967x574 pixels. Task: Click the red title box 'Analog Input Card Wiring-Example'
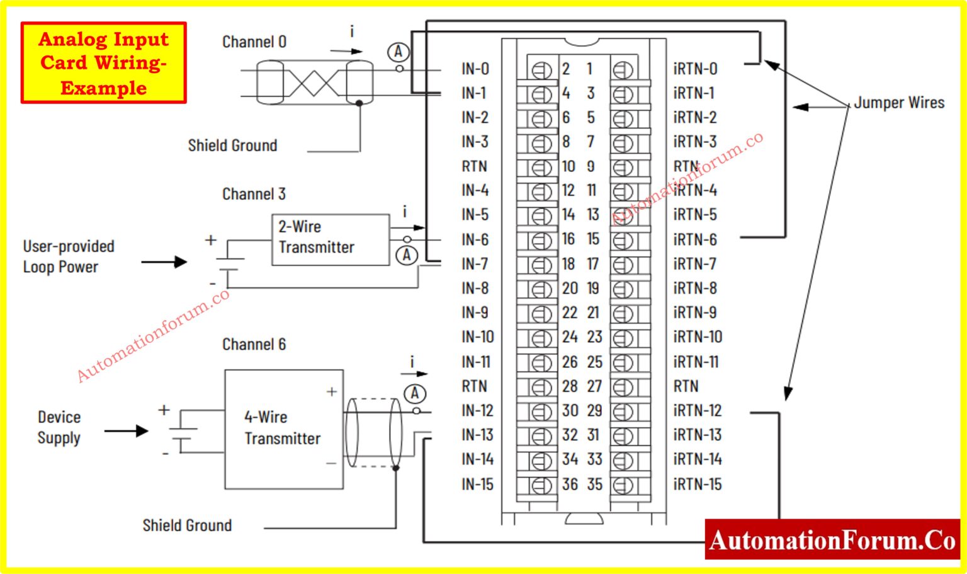point(103,63)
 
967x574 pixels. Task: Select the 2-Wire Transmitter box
point(330,239)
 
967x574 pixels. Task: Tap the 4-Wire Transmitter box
point(283,429)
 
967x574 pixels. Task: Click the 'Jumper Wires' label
point(898,103)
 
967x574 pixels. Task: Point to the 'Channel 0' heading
point(254,42)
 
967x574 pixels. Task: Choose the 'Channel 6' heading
point(254,345)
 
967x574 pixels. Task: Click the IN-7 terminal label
point(475,264)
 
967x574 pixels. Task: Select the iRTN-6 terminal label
point(694,240)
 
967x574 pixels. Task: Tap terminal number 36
point(570,485)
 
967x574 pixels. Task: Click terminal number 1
point(590,69)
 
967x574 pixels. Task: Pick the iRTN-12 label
point(697,411)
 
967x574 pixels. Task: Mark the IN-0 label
point(475,69)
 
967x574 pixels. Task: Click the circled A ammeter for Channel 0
point(398,52)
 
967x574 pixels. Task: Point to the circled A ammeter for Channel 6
point(414,394)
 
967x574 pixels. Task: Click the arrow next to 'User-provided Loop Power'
point(164,261)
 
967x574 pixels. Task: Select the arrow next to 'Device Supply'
point(127,431)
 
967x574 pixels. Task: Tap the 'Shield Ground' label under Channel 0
point(232,146)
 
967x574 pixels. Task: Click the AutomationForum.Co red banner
point(832,540)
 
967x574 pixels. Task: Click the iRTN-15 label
point(697,485)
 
